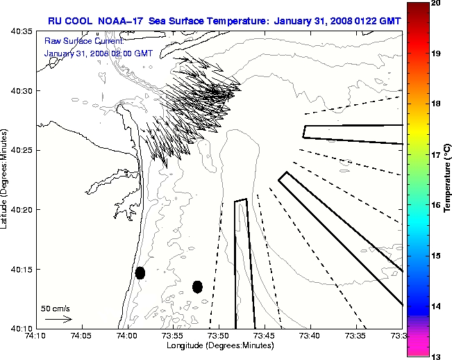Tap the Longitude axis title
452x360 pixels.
[219, 345]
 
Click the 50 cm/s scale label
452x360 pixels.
[56, 308]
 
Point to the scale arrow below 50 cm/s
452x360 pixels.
[58, 319]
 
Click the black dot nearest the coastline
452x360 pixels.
[140, 272]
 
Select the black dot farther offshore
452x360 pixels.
[197, 286]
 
